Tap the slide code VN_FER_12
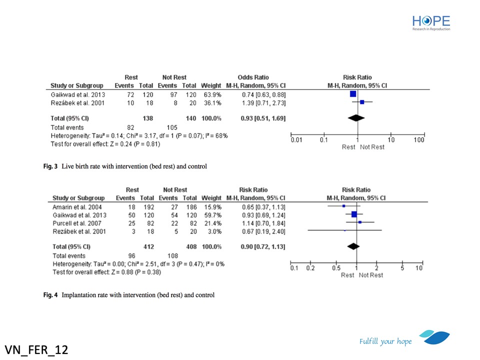[36, 348]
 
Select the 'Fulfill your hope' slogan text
[385, 341]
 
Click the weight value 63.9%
[210, 94]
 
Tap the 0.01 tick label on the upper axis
[297, 140]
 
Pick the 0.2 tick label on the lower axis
[311, 268]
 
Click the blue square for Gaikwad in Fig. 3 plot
[353, 93]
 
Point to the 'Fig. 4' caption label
[50, 294]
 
